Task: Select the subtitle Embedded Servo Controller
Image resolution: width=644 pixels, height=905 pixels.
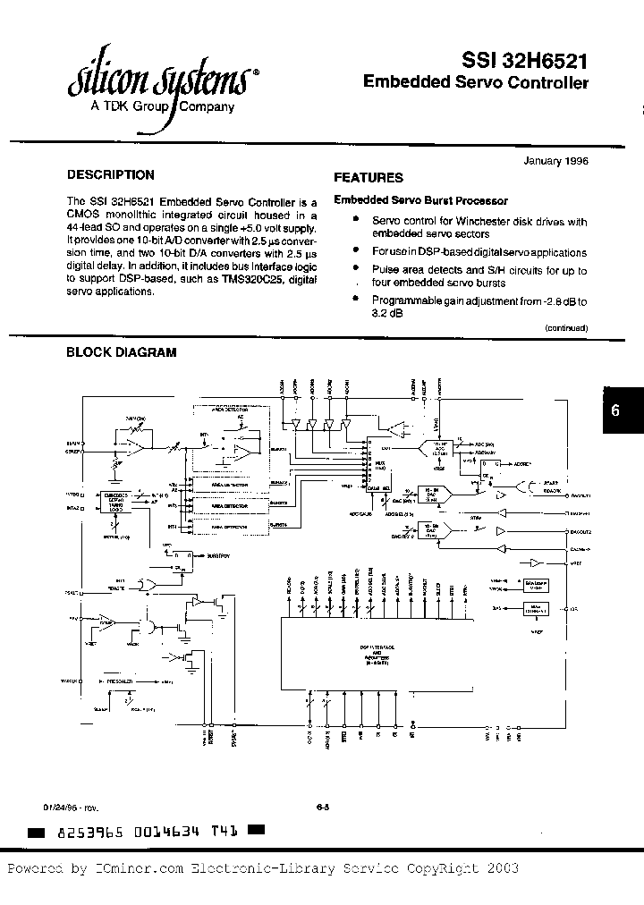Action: tap(476, 83)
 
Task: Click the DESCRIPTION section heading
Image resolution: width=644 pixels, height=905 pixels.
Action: tap(111, 175)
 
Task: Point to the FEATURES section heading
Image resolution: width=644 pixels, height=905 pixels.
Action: tap(369, 178)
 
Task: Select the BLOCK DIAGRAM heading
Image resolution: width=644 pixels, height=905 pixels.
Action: tap(122, 352)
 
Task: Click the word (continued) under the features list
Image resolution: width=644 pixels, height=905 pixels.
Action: tap(566, 328)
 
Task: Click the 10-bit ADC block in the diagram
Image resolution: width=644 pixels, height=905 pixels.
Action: tap(438, 446)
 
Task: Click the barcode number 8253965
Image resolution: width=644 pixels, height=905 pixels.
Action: tap(89, 832)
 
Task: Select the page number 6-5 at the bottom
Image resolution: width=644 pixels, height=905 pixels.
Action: tap(323, 807)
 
